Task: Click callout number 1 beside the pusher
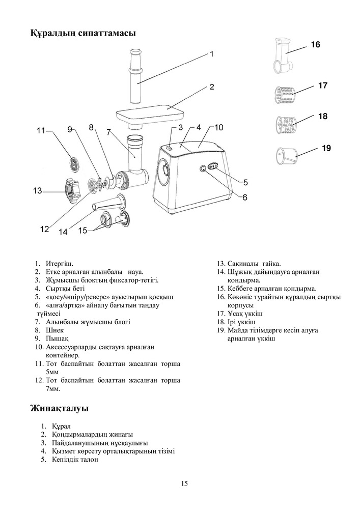[211, 53]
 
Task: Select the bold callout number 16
[315, 45]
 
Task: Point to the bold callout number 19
[326, 149]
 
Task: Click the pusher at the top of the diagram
[135, 76]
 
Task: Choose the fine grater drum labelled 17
[283, 94]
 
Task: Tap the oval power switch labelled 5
[213, 166]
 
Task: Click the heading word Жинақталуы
[60, 409]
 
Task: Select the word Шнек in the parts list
[54, 329]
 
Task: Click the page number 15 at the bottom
[184, 484]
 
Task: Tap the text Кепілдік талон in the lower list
[75, 459]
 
